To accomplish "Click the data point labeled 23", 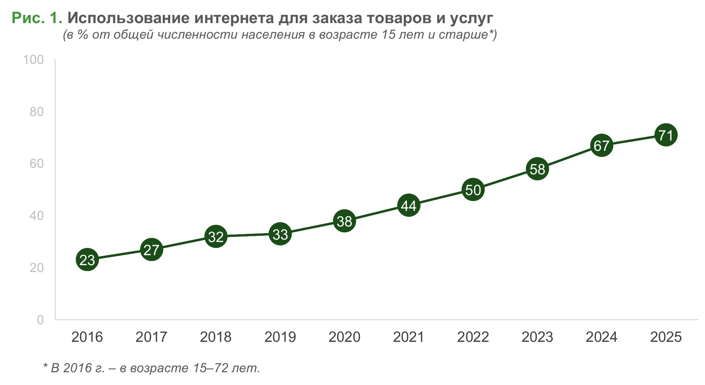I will [x=87, y=260].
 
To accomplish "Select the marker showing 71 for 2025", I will [x=666, y=135].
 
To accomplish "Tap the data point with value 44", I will [x=409, y=205].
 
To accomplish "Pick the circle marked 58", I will [x=537, y=169].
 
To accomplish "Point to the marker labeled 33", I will [x=280, y=234].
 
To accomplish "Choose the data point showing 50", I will [x=473, y=190].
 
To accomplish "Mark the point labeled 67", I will [x=602, y=145].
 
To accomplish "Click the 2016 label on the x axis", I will [x=87, y=337].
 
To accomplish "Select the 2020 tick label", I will [x=344, y=337].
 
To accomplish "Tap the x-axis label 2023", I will [x=537, y=337].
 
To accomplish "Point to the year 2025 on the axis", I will [x=666, y=337].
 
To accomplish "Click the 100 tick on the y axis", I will [x=33, y=60].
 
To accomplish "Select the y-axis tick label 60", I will [x=37, y=164].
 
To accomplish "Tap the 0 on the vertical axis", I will [x=40, y=320].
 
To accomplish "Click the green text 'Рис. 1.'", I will [x=37, y=18].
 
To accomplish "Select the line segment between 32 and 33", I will [x=248, y=235].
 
